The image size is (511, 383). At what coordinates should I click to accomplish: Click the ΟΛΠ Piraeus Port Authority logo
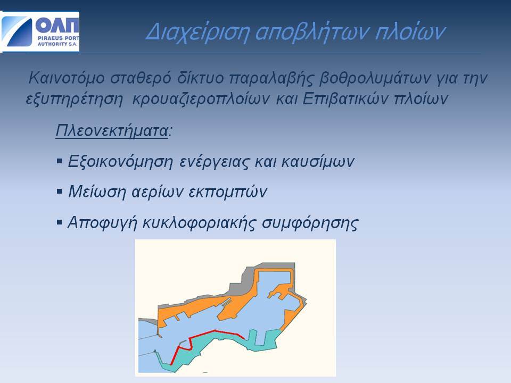40,32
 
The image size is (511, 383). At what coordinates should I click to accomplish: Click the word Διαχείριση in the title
197,32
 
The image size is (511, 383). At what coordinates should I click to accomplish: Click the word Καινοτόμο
67,78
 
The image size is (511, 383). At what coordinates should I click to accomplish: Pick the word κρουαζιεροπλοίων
201,99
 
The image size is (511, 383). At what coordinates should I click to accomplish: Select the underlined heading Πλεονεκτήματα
112,131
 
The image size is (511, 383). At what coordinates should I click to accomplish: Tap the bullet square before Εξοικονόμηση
59,161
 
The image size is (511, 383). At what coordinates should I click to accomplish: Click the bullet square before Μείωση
59,191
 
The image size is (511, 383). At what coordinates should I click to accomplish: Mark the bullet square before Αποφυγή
59,222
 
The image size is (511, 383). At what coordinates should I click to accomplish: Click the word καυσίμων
318,161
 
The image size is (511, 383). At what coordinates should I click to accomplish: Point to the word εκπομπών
228,192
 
